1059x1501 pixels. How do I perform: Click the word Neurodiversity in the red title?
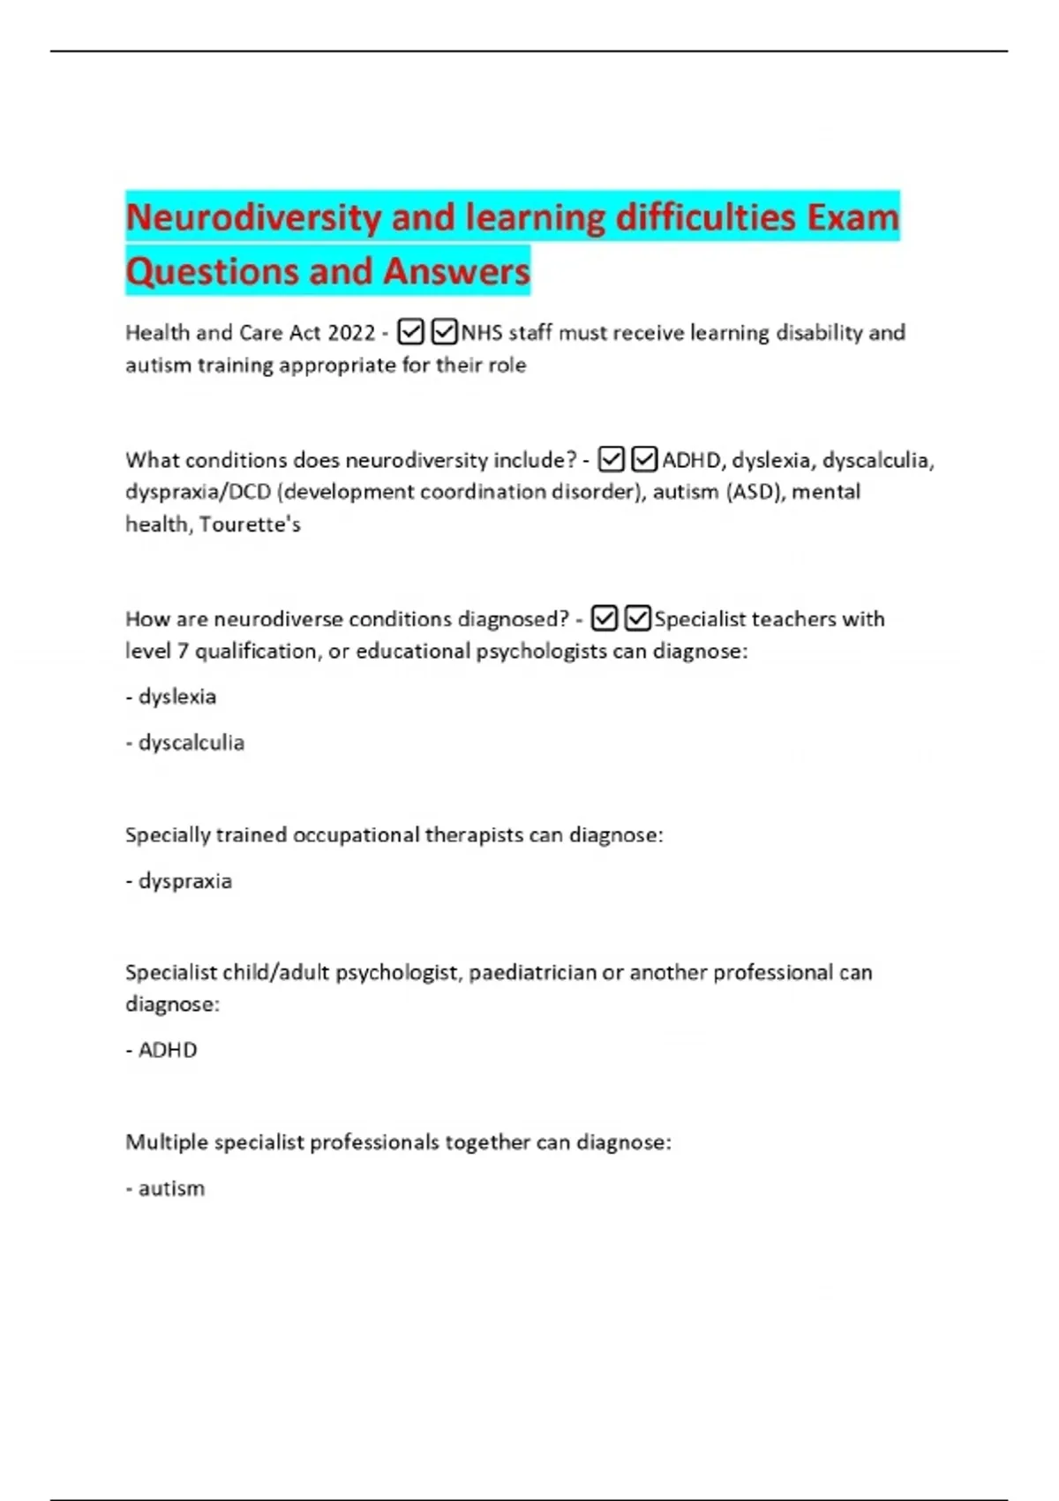252,217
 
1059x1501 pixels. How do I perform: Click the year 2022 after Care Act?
351,333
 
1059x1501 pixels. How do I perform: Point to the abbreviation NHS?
481,333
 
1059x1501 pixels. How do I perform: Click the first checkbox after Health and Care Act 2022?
410,332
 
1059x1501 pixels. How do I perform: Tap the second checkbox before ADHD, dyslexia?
645,459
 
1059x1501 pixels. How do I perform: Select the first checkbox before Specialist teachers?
605,618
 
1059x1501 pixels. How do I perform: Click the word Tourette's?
250,524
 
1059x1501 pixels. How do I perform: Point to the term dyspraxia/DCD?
198,492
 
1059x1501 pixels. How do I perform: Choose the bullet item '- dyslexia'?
171,697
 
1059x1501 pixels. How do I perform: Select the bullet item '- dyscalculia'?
185,743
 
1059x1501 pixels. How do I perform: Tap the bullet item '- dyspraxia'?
179,881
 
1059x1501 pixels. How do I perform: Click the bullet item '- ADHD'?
161,1050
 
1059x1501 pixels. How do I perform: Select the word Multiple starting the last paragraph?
166,1143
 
